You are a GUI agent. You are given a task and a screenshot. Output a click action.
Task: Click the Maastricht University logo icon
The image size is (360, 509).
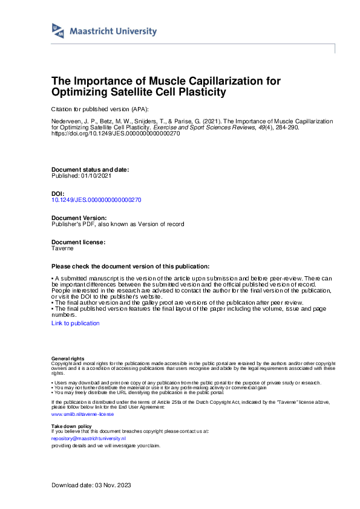pyautogui.click(x=57, y=31)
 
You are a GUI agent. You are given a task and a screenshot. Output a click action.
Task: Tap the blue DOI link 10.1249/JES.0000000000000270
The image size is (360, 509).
pyautogui.click(x=97, y=199)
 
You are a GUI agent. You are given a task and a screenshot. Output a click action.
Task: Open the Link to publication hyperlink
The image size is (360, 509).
pyautogui.click(x=76, y=323)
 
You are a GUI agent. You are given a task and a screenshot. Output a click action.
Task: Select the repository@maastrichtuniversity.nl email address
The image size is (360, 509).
pyautogui.click(x=88, y=438)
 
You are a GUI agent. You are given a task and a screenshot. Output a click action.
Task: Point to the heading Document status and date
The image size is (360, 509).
pyautogui.click(x=90, y=170)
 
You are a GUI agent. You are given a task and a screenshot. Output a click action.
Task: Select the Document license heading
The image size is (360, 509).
pyautogui.click(x=79, y=242)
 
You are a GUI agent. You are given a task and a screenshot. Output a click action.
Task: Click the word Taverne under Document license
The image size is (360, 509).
pyautogui.click(x=63, y=248)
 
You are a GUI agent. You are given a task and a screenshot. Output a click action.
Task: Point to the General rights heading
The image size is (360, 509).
pyautogui.click(x=68, y=359)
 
